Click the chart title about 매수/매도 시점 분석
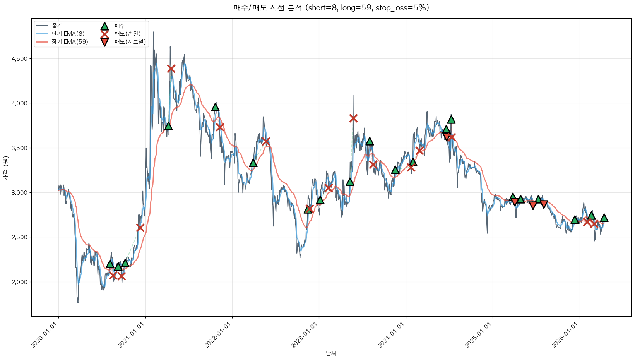pyautogui.click(x=331, y=8)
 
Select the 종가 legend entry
pyautogui.click(x=56, y=26)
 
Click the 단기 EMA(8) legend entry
pyautogui.click(x=68, y=34)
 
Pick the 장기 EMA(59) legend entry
pyautogui.click(x=70, y=42)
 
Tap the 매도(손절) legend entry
pyautogui.click(x=127, y=34)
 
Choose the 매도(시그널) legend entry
pyautogui.click(x=130, y=42)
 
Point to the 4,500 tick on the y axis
pyautogui.click(x=20, y=59)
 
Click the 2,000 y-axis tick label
pyautogui.click(x=20, y=282)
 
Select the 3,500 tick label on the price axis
pyautogui.click(x=20, y=148)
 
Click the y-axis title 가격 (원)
pyautogui.click(x=5, y=168)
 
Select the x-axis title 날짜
pyautogui.click(x=331, y=353)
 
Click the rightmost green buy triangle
pyautogui.click(x=604, y=218)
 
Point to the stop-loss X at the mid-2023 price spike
pyautogui.click(x=353, y=118)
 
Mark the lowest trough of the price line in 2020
pyautogui.click(x=78, y=302)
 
